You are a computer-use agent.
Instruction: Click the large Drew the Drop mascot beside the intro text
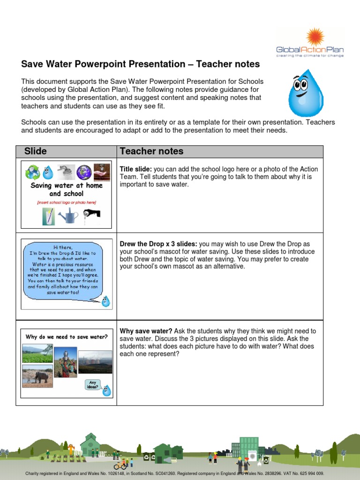305,93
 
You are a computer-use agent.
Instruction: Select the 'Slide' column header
36,151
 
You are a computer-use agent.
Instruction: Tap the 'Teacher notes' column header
151,151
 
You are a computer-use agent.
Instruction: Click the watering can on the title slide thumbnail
68,216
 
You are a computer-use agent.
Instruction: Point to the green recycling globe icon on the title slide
33,172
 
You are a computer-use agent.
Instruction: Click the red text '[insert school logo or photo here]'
66,202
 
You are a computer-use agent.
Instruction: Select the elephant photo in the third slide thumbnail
37,376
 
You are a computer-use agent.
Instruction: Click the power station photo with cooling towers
95,362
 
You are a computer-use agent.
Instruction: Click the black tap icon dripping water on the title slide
91,214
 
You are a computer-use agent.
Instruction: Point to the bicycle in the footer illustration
120,466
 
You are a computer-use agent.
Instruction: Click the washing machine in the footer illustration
253,456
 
